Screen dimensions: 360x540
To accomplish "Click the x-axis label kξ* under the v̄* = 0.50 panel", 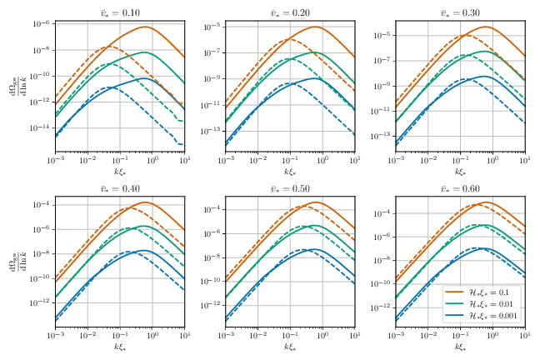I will click(x=290, y=346).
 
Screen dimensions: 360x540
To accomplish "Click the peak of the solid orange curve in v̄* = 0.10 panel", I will click(x=146, y=27).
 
